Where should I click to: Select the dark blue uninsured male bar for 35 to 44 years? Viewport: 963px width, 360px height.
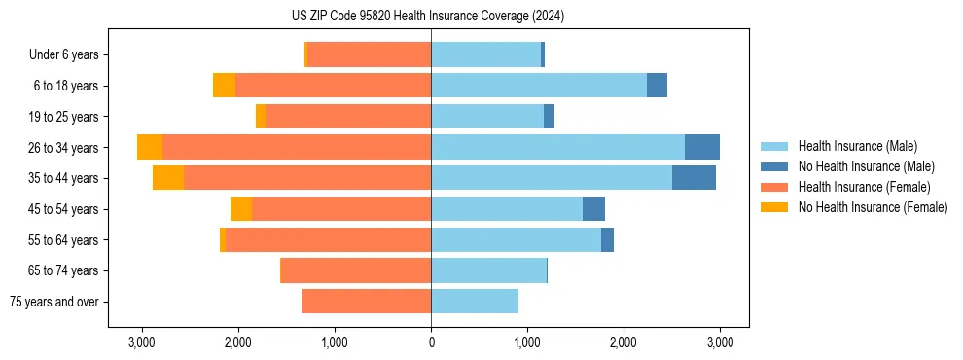tap(694, 178)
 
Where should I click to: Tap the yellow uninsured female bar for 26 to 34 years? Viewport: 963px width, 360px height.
tap(150, 147)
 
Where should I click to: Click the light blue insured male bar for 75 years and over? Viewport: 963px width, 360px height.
tap(475, 302)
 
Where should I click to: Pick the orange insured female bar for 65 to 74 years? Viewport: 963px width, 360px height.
tap(356, 270)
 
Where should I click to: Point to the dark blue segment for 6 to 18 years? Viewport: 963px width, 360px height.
tap(657, 86)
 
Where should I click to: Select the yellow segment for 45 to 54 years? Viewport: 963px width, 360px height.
tap(241, 209)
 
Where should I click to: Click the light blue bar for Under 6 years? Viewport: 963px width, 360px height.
tap(485, 54)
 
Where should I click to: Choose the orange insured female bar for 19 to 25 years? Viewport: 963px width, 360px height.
tap(348, 117)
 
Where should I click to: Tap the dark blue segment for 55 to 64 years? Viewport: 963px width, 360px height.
tap(607, 240)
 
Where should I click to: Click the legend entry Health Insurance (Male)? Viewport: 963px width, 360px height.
tap(857, 146)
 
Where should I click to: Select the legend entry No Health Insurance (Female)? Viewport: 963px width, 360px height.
tap(873, 207)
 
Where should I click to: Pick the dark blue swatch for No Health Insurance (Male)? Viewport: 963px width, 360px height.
tap(775, 166)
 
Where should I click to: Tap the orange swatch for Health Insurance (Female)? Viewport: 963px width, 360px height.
tap(775, 187)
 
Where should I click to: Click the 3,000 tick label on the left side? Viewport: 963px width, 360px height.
tap(142, 342)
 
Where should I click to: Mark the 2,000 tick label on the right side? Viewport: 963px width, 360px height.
tap(624, 342)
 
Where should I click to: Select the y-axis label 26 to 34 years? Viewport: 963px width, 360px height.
tap(64, 148)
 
